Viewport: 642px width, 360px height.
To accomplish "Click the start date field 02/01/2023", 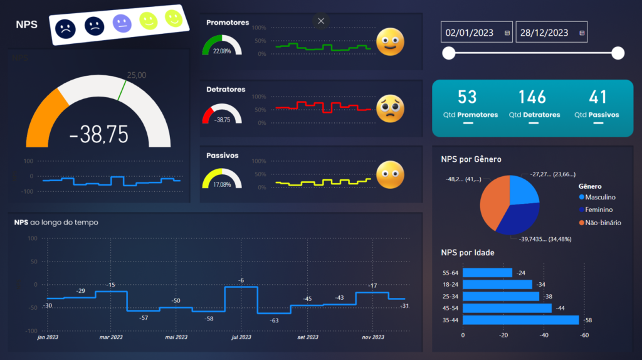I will [470, 33].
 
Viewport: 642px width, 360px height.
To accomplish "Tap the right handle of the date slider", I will [618, 53].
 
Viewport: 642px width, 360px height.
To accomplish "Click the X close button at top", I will [321, 21].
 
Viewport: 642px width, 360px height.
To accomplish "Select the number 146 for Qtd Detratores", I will [532, 97].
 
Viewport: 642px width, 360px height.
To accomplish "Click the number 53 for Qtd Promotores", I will [467, 97].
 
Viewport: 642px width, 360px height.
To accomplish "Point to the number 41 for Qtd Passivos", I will [598, 97].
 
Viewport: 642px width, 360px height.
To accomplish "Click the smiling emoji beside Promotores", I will [390, 43].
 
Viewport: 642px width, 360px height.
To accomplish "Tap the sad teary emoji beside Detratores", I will [390, 109].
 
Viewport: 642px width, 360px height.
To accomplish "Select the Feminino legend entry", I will [599, 209].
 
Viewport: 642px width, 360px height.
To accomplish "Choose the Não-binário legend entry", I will [603, 223].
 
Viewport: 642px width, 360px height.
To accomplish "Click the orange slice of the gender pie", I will [494, 201].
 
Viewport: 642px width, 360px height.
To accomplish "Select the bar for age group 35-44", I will [520, 320].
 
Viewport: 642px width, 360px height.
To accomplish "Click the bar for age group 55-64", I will [487, 273].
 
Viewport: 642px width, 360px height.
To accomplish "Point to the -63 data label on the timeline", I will [274, 320].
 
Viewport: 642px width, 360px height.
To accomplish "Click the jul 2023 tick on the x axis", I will [241, 337].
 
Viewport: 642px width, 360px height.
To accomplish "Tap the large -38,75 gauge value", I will [98, 134].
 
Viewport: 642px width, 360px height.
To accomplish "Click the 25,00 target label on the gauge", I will [137, 75].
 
